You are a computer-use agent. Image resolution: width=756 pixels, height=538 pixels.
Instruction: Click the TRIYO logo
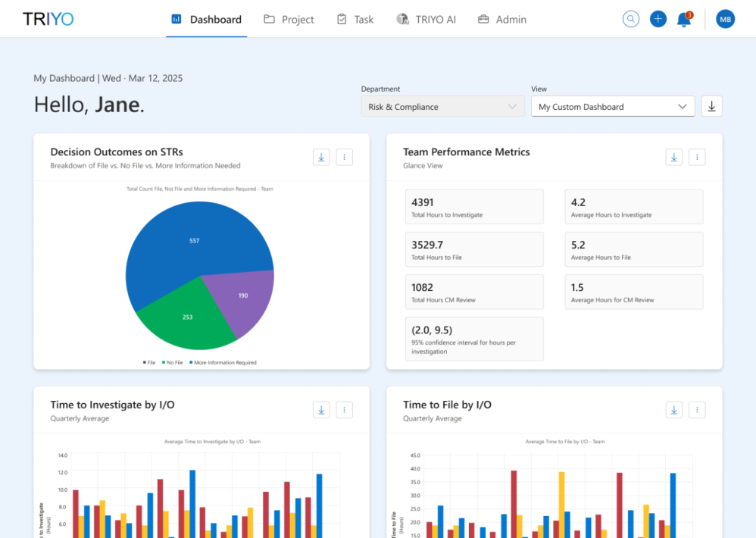(x=48, y=19)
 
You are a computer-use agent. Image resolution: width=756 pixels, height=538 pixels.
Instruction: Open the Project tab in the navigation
(x=289, y=20)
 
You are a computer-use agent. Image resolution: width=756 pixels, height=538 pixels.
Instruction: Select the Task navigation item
(x=355, y=20)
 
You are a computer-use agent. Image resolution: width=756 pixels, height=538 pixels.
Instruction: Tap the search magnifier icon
(x=631, y=20)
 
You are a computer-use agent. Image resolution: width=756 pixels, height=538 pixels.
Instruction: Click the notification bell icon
(x=683, y=20)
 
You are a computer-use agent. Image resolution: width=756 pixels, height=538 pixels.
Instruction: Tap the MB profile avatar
(x=726, y=20)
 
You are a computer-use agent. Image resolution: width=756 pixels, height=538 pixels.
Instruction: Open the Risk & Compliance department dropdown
(x=442, y=107)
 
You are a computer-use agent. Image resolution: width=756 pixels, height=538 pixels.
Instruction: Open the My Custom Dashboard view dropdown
(x=612, y=107)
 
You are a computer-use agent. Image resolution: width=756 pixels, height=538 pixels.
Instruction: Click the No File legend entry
(x=173, y=363)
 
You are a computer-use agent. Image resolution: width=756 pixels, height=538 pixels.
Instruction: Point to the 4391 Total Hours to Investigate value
(x=423, y=202)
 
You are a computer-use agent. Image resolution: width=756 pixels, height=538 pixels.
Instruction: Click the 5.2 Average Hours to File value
(x=578, y=245)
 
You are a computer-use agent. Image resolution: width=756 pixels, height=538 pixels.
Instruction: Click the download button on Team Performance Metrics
(x=674, y=157)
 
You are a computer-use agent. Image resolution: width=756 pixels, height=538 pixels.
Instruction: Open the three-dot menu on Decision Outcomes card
(x=344, y=157)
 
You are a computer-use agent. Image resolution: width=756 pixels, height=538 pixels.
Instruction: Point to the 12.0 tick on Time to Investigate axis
(x=62, y=473)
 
